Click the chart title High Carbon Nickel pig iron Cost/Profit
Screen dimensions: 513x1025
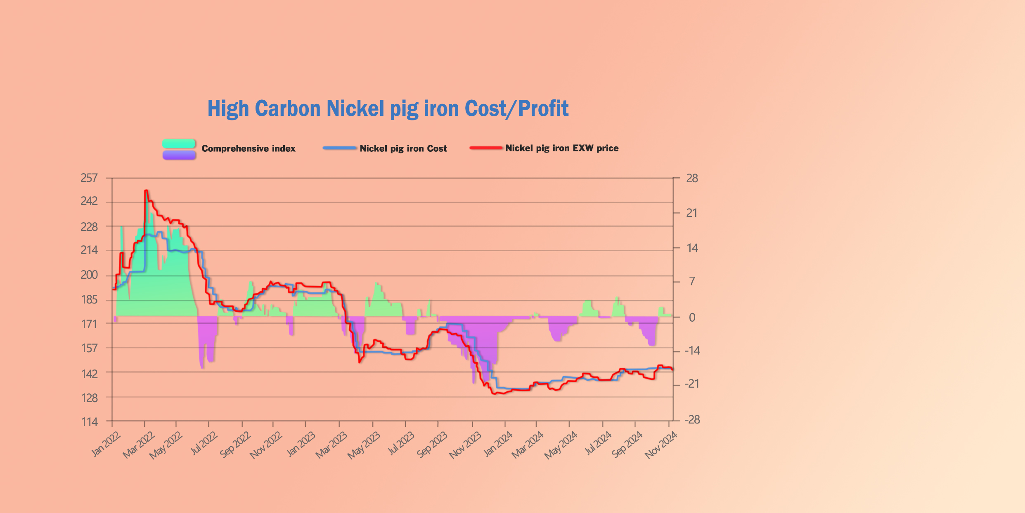388,109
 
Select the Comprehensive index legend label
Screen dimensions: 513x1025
248,148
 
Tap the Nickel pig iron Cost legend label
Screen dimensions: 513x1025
403,148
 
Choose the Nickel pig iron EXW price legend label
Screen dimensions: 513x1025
562,148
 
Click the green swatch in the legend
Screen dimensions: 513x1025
178,144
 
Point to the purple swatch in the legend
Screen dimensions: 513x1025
179,155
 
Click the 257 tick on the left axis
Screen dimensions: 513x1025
89,178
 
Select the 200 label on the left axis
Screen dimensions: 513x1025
89,275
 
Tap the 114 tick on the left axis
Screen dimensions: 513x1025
89,422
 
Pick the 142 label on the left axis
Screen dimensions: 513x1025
89,374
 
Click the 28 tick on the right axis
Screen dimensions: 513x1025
692,178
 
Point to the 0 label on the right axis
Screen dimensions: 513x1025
692,317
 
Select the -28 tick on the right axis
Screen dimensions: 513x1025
692,420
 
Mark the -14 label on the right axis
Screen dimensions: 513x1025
692,351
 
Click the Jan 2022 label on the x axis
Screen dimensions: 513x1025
105,444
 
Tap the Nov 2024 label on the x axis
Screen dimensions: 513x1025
661,445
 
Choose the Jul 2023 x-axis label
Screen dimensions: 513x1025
401,444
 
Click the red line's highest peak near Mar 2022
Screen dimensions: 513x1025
146,191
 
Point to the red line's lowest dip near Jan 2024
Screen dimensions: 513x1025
494,394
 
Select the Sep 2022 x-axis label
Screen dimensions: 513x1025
235,445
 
